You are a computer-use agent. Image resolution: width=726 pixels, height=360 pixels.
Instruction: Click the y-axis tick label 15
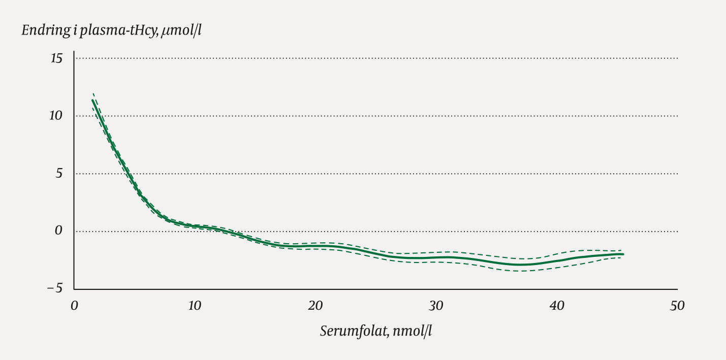click(56, 59)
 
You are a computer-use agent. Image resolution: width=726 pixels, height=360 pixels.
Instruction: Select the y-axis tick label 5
click(58, 174)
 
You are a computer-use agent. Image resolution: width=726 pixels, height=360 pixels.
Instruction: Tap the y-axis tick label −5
click(54, 288)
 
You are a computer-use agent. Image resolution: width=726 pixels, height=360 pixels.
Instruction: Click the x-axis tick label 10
click(195, 306)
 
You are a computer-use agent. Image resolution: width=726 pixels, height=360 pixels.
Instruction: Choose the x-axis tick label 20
click(315, 306)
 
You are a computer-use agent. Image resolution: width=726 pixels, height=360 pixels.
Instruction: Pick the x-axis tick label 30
click(436, 306)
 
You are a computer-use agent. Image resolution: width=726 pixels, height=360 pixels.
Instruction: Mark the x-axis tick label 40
click(557, 306)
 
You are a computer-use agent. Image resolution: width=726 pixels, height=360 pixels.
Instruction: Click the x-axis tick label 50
click(677, 306)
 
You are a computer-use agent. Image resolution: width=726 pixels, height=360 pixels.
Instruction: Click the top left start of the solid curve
click(92, 100)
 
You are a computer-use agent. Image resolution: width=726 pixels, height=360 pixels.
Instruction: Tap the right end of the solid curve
click(623, 254)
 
